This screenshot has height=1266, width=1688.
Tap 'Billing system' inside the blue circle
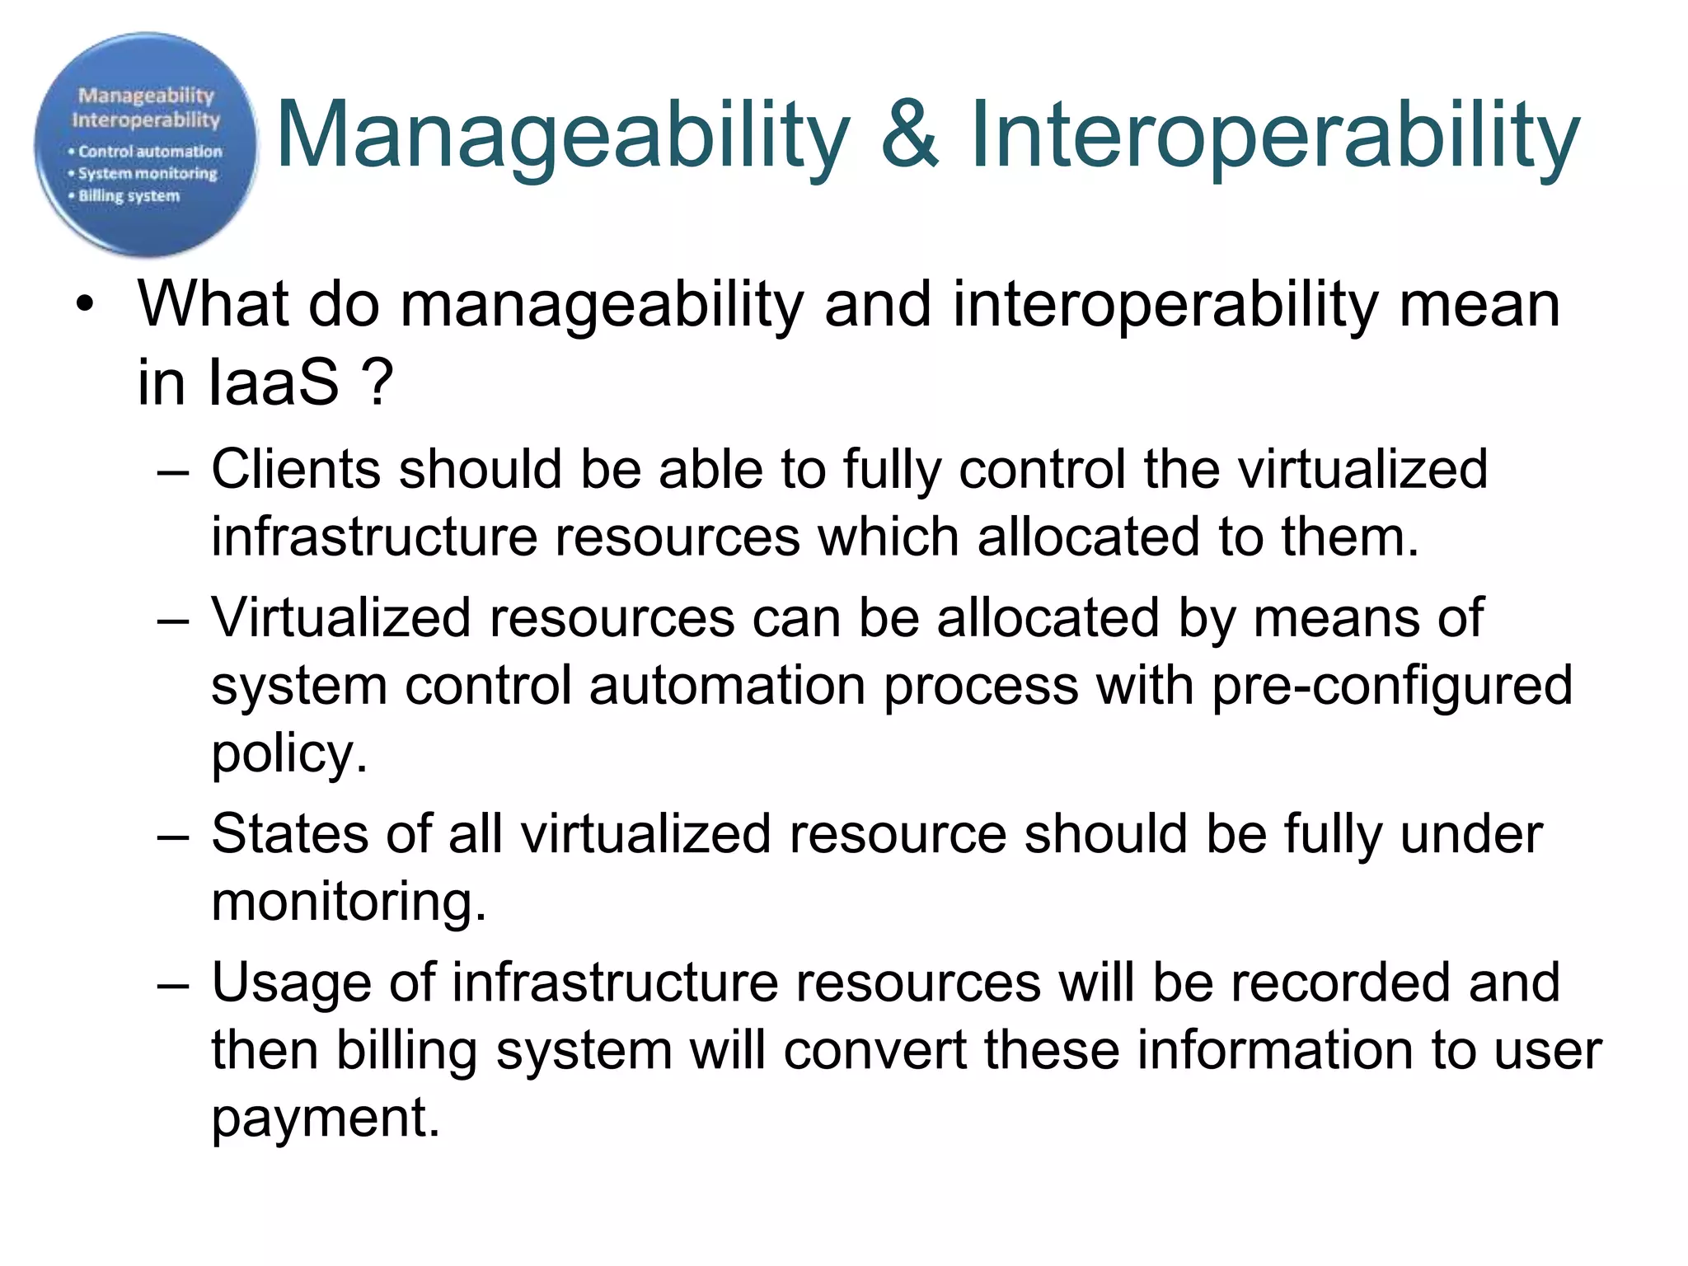pos(129,196)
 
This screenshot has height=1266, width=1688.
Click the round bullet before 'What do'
pos(84,305)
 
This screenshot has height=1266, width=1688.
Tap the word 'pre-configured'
pos(1392,687)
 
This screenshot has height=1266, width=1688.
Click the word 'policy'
pos(288,754)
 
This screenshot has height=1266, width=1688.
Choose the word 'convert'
pos(874,1051)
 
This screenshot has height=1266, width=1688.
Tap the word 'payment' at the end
pos(325,1119)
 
